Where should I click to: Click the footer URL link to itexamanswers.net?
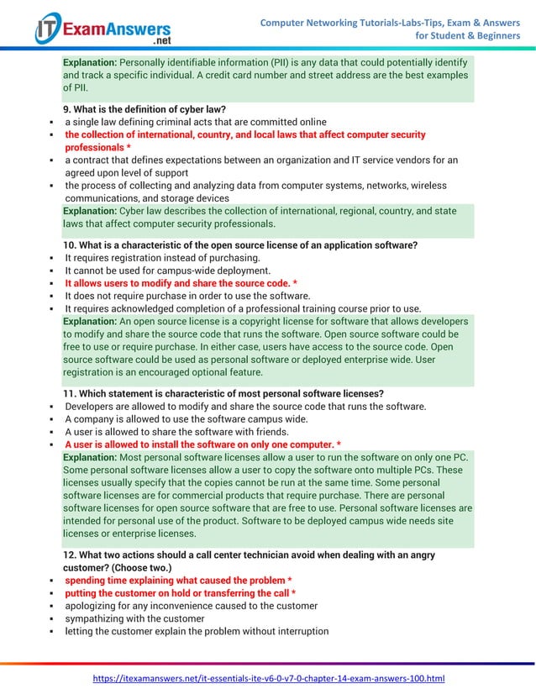(x=268, y=678)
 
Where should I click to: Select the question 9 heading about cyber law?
(x=145, y=109)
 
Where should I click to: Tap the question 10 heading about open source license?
(x=240, y=245)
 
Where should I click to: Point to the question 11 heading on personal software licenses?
(x=223, y=394)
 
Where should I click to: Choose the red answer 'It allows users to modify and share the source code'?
(x=181, y=284)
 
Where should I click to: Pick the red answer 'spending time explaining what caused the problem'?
(x=178, y=581)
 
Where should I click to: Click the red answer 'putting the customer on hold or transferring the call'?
(x=180, y=593)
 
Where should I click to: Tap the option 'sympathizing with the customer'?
(x=134, y=618)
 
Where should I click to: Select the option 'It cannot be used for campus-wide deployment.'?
(x=167, y=271)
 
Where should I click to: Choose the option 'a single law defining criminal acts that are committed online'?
(x=196, y=122)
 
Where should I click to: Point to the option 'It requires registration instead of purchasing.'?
(x=162, y=258)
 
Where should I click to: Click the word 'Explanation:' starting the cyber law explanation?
(x=91, y=211)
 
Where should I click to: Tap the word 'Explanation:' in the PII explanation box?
(x=91, y=63)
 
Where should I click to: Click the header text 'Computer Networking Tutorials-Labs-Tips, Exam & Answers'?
(x=390, y=21)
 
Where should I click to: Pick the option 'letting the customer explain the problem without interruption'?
(x=197, y=631)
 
